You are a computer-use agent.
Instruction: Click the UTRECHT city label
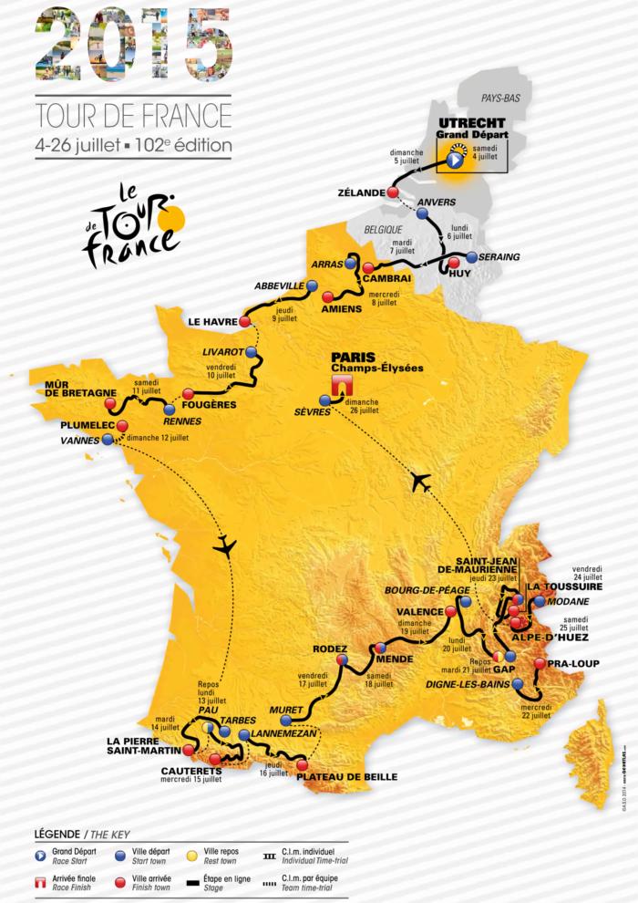[465, 122]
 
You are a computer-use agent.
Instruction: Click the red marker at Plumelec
[122, 425]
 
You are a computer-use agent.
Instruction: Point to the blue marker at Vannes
[109, 439]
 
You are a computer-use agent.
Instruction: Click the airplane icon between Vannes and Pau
[224, 546]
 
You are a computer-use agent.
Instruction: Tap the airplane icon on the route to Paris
[420, 482]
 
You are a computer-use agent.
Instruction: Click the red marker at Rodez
[343, 659]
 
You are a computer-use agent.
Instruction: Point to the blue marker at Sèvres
[324, 400]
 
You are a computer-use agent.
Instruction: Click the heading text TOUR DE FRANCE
[133, 117]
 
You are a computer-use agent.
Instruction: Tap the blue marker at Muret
[285, 720]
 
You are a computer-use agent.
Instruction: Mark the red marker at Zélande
[393, 193]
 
